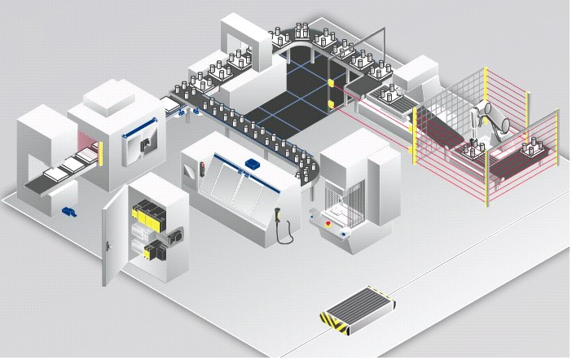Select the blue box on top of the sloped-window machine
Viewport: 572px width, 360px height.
coord(249,165)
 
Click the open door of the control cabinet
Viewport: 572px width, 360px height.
coord(115,237)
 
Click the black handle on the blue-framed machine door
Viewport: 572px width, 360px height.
coord(143,144)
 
